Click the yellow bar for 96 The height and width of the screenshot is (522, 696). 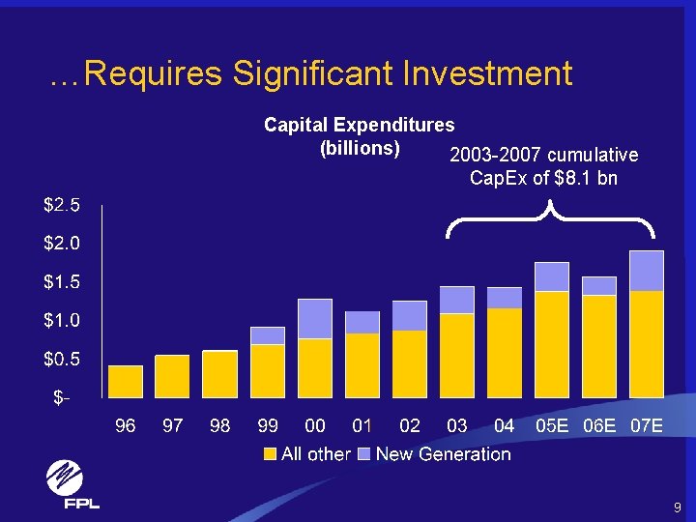[126, 382]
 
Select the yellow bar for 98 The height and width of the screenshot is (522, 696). [219, 374]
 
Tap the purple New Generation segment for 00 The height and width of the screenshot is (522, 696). [314, 319]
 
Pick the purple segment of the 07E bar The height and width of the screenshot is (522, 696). [646, 271]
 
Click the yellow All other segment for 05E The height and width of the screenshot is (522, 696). [552, 344]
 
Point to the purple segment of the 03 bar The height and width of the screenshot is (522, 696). [457, 300]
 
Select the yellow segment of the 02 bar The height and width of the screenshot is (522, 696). [409, 363]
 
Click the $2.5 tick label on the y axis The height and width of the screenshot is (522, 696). [62, 205]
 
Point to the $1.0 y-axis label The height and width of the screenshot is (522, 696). [62, 320]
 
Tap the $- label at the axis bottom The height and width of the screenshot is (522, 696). [62, 397]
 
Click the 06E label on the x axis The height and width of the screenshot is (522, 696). [599, 425]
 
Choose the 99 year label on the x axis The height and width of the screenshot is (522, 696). [268, 425]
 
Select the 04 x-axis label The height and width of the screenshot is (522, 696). [504, 425]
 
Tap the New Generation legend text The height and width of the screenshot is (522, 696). [443, 453]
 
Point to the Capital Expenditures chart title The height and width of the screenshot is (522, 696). [359, 125]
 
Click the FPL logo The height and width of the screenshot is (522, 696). [73, 484]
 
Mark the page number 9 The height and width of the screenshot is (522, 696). [678, 507]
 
